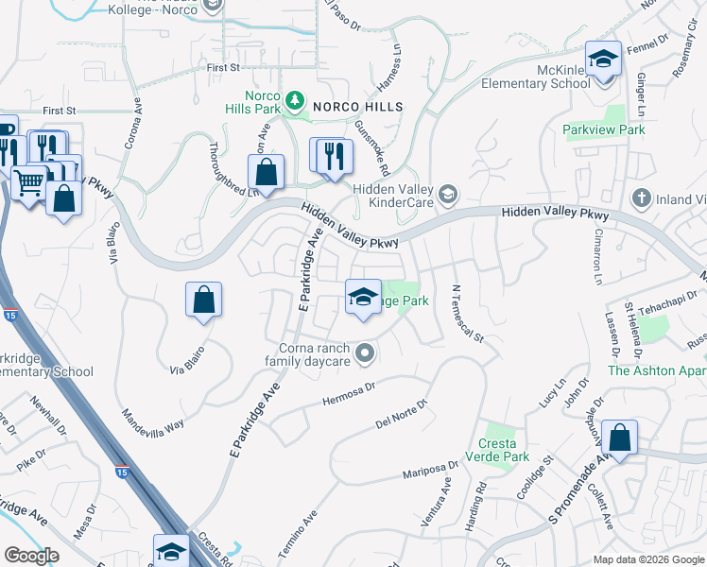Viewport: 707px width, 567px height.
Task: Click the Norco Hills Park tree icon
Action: click(x=296, y=99)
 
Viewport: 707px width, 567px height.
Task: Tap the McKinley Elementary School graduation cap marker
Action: click(x=602, y=59)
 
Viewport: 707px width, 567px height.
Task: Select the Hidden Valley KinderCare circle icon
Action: click(x=447, y=197)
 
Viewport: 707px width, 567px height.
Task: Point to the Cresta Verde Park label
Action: click(x=496, y=450)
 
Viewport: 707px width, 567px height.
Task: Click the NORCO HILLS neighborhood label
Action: click(x=358, y=108)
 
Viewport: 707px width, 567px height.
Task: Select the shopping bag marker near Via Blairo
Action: click(x=203, y=301)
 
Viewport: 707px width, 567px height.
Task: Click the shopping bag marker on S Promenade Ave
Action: click(x=619, y=438)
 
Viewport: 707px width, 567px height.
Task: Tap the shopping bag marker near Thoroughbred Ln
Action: click(x=267, y=172)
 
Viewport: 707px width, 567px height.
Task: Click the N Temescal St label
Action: click(x=467, y=314)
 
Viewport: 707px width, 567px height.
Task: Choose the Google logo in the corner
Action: click(x=31, y=555)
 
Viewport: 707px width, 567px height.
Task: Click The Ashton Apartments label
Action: click(x=656, y=370)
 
